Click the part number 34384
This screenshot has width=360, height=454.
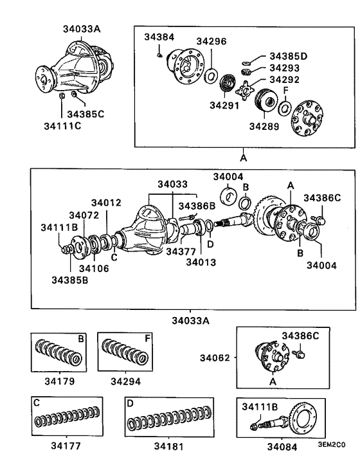159,37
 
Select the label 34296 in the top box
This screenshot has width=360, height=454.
211,41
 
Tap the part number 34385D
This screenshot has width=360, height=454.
288,57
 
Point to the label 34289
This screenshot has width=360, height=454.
264,127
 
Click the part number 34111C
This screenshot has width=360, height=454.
62,126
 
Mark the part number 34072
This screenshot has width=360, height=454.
84,215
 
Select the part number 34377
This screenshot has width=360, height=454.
181,251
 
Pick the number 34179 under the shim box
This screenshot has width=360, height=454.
60,381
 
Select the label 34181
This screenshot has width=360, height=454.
169,444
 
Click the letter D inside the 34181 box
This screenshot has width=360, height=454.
130,404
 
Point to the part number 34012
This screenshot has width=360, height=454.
106,203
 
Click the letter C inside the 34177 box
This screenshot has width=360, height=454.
37,403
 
